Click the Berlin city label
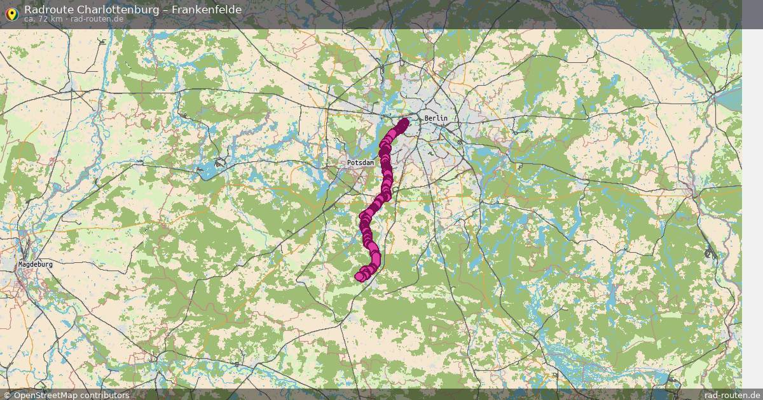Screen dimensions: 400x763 [436, 119]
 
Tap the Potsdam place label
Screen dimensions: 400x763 [359, 163]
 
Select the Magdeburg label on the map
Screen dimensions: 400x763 [35, 264]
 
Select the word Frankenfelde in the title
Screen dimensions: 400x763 [207, 10]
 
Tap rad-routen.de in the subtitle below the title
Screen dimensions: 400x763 [97, 19]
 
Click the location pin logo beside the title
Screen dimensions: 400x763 [11, 13]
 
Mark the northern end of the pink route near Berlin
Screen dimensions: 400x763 [404, 122]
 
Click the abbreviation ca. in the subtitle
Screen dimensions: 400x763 [30, 19]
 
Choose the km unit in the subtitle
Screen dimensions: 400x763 [57, 19]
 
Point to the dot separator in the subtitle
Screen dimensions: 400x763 [66, 19]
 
